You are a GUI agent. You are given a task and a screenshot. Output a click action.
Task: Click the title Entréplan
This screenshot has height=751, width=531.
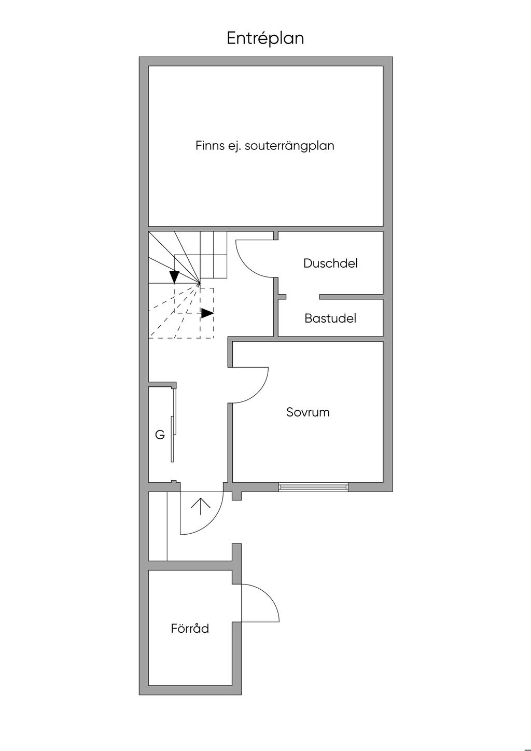point(265,38)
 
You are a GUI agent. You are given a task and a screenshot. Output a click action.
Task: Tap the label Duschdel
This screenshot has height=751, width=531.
point(330,263)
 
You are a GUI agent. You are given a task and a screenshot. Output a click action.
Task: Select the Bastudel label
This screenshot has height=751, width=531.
point(330,318)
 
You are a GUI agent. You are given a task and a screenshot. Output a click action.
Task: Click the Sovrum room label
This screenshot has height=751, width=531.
point(308,412)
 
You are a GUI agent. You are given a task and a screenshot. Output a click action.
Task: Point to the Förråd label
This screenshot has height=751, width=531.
point(190,629)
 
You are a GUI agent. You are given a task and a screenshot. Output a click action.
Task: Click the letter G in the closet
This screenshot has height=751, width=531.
point(160,435)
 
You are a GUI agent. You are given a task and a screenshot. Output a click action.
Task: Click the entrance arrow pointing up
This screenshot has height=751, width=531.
point(201,506)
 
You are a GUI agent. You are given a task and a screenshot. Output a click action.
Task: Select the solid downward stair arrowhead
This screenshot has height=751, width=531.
point(175,277)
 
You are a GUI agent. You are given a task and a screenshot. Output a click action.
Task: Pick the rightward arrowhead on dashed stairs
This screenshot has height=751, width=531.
point(207,313)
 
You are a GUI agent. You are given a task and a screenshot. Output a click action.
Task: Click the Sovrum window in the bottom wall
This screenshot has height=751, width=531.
point(313,487)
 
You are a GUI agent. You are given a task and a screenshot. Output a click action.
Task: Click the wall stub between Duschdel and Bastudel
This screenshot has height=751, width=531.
point(351,297)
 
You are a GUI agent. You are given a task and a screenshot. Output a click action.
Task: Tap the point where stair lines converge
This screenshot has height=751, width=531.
point(200,284)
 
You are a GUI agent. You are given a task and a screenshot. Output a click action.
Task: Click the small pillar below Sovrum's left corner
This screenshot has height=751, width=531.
point(236,495)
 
